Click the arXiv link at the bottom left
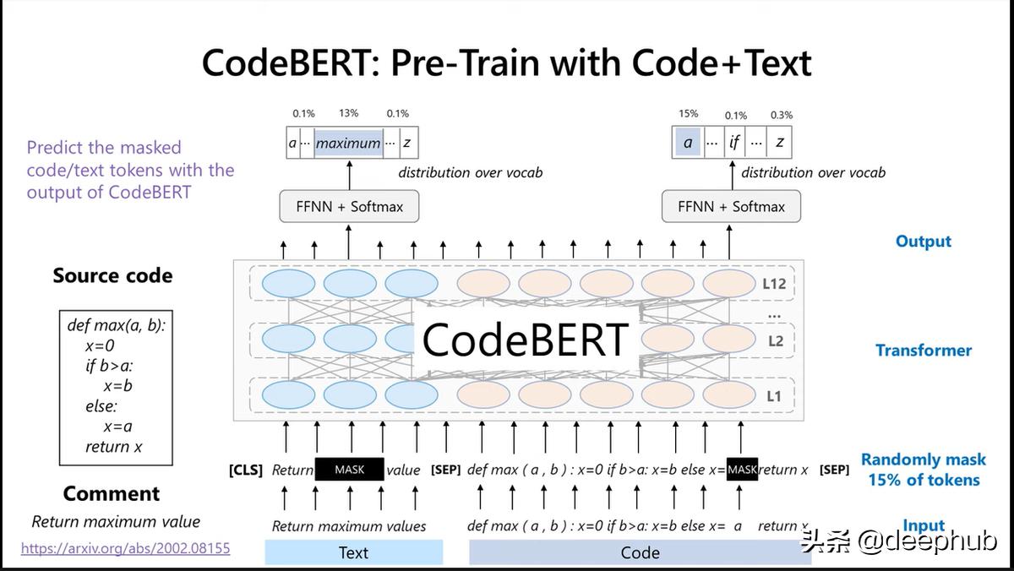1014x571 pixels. (125, 548)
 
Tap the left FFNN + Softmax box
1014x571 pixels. (349, 206)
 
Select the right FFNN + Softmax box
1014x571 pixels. (731, 206)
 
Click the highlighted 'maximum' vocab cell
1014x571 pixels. (348, 143)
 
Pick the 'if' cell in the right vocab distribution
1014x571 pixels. (733, 143)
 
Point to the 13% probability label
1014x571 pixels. (348, 113)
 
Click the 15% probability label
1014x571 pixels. (688, 113)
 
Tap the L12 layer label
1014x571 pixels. (774, 284)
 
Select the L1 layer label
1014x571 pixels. (774, 396)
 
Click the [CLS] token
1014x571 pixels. (246, 470)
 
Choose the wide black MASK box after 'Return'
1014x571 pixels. (350, 469)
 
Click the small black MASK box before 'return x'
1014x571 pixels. (742, 469)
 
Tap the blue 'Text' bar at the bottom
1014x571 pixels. (353, 552)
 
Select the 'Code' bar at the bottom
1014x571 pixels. (641, 552)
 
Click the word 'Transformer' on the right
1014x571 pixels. (924, 351)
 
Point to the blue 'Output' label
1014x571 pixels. (924, 242)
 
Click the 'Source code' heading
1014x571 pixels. (112, 275)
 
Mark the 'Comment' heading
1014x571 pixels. (112, 493)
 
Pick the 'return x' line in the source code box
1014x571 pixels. (113, 447)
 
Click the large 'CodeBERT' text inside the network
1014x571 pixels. (525, 340)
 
